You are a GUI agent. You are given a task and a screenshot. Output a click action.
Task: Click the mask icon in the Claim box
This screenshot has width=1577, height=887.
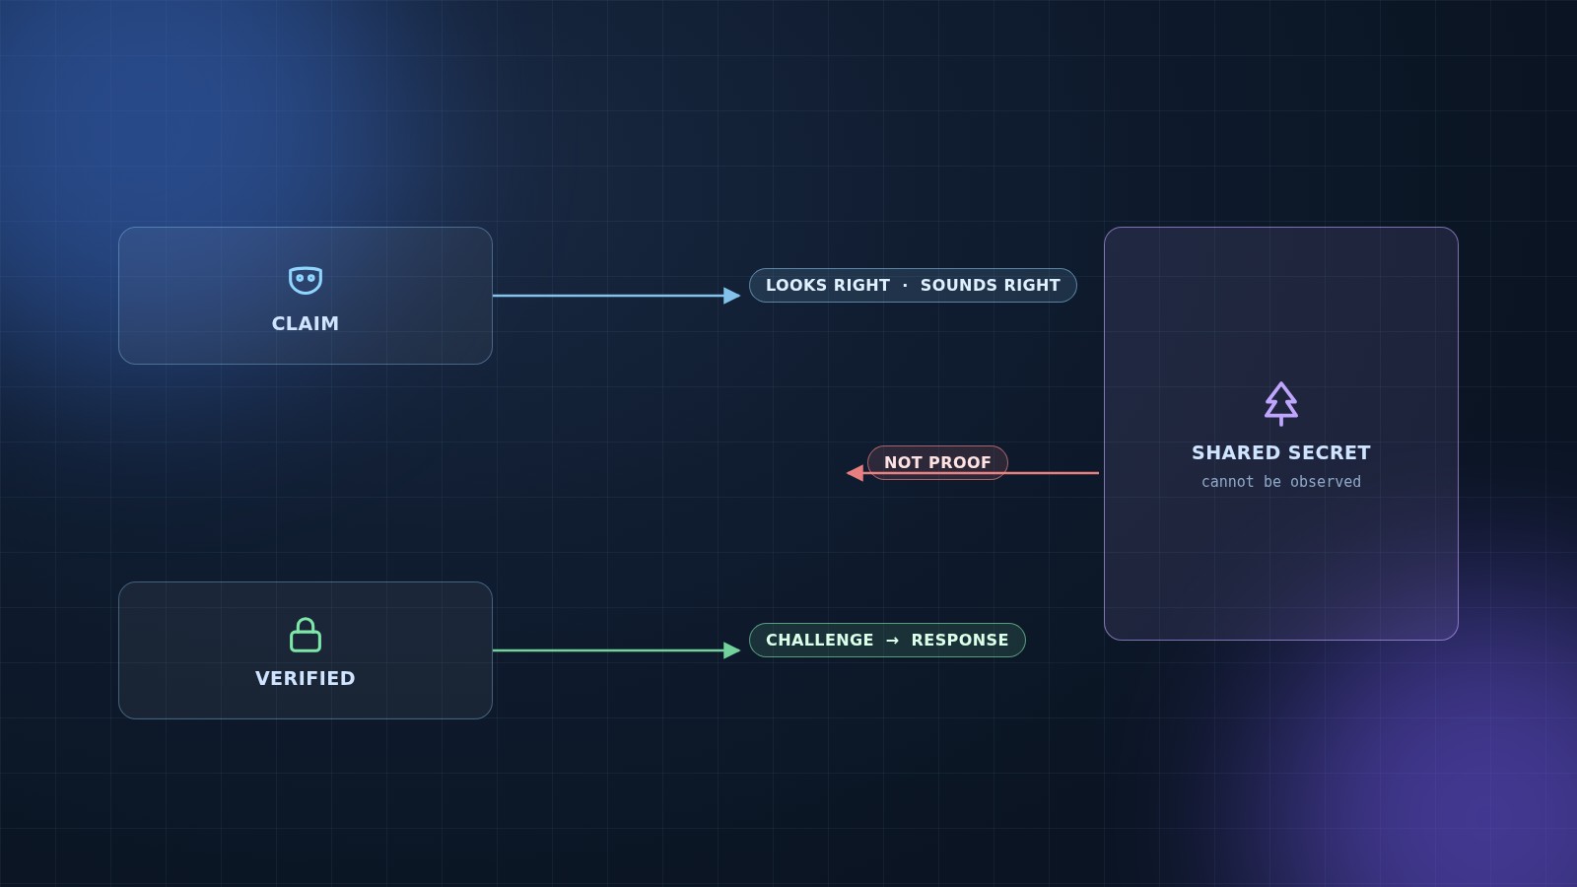coord(306,280)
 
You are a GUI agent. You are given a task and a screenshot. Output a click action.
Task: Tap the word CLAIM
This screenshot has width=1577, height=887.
coord(306,324)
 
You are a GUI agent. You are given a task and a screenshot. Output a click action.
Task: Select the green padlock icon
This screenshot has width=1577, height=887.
coord(306,635)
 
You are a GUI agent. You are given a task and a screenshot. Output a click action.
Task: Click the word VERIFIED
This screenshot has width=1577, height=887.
coord(306,679)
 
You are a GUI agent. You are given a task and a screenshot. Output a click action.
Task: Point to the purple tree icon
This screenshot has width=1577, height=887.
coord(1280,403)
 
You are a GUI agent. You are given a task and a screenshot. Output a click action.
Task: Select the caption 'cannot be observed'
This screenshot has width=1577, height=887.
coord(1280,482)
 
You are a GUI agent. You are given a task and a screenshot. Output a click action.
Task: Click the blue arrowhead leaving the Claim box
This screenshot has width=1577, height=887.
coord(731,296)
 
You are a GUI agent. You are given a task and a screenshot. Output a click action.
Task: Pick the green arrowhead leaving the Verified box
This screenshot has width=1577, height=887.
coord(731,650)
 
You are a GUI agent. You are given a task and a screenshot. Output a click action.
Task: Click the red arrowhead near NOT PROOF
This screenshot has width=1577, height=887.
coord(855,473)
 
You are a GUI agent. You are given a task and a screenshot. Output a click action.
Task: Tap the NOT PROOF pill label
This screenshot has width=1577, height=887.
coord(937,462)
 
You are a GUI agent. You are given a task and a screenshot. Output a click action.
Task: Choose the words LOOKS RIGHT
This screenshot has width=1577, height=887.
coord(828,285)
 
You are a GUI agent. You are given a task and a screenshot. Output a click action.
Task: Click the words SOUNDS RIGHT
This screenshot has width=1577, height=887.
coord(990,285)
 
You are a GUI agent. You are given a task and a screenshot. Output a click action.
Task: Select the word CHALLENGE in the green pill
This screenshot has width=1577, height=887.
coord(819,640)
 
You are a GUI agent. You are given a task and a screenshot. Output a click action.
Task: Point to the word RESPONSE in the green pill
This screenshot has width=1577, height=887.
coord(960,640)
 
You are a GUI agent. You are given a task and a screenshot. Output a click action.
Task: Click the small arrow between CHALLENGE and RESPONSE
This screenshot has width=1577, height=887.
coord(892,641)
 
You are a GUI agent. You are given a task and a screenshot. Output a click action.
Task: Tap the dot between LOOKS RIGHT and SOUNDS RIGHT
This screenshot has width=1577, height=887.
coord(906,286)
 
